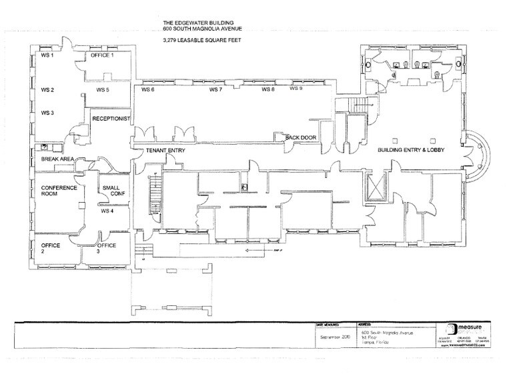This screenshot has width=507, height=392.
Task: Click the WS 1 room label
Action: click(x=47, y=55)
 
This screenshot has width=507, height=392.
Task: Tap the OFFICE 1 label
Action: click(x=103, y=55)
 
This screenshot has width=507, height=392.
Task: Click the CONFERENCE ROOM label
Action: click(x=59, y=191)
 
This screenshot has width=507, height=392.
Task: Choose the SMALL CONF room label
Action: click(x=111, y=191)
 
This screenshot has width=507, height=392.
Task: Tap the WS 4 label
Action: click(x=107, y=211)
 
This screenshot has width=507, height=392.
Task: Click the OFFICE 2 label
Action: click(x=51, y=249)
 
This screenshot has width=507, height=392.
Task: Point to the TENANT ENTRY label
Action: click(x=165, y=151)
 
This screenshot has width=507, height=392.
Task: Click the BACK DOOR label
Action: click(x=300, y=138)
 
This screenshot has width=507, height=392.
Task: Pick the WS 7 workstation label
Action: click(x=215, y=89)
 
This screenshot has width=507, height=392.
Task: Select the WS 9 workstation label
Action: click(x=296, y=88)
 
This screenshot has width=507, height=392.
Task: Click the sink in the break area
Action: click(x=45, y=147)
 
